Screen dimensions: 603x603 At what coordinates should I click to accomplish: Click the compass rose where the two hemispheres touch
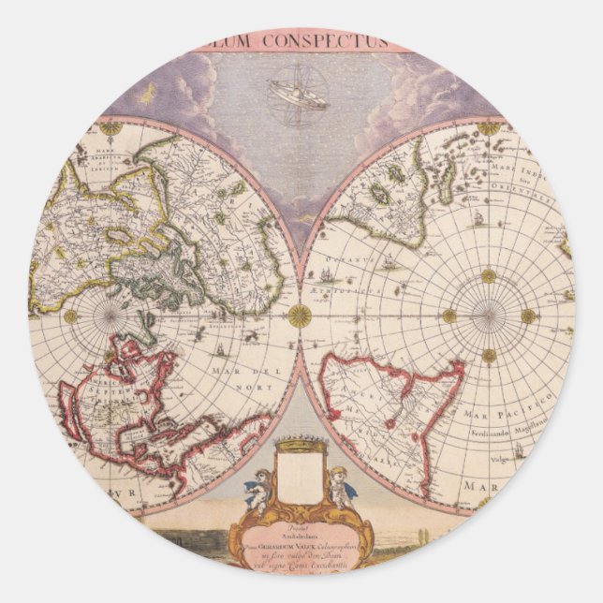(301, 316)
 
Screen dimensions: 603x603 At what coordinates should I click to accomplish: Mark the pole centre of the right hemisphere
(488, 316)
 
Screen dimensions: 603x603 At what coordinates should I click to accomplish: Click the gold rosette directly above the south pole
(488, 275)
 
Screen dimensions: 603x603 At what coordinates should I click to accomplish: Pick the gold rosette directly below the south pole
(488, 355)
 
